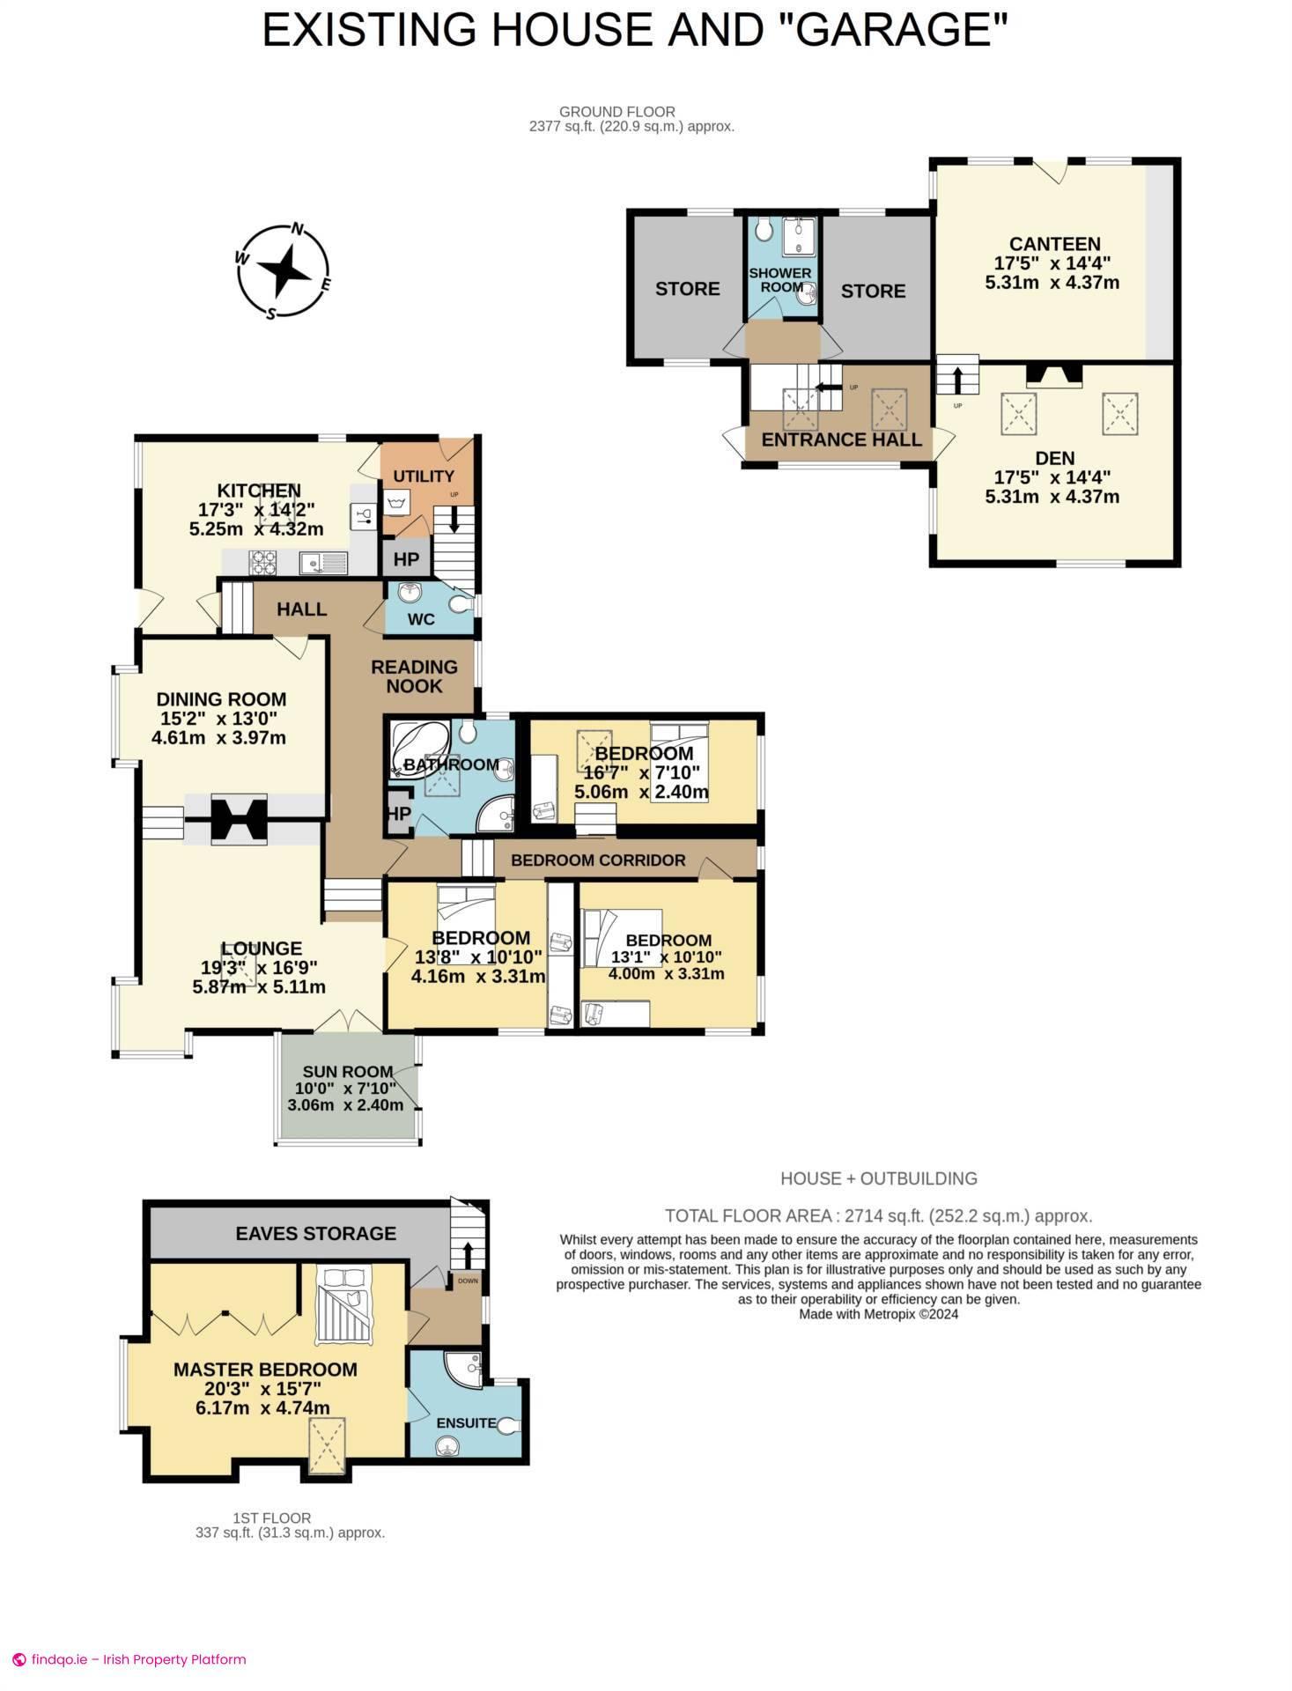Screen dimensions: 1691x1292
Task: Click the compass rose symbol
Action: [x=283, y=272]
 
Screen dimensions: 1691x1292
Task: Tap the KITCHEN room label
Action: [x=259, y=491]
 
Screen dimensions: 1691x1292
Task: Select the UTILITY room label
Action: [x=424, y=476]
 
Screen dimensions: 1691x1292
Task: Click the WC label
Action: [x=421, y=619]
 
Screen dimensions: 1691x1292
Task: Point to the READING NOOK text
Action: [x=414, y=676]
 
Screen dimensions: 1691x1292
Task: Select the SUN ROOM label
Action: [x=347, y=1072]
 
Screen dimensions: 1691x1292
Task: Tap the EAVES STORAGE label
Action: [x=315, y=1234]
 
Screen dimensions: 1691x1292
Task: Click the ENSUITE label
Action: [x=466, y=1423]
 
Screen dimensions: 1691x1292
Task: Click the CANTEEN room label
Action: [x=1054, y=244]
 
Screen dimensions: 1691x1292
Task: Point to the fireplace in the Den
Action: [x=1054, y=376]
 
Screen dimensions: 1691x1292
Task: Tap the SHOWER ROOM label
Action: [x=779, y=280]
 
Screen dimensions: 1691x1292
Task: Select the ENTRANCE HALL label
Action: [x=840, y=440]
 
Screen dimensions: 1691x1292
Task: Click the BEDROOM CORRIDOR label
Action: [x=598, y=860]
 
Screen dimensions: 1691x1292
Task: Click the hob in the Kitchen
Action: [x=263, y=561]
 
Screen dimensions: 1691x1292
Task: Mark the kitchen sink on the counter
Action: [x=321, y=562]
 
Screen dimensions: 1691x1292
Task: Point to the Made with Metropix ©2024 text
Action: [x=878, y=1314]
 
